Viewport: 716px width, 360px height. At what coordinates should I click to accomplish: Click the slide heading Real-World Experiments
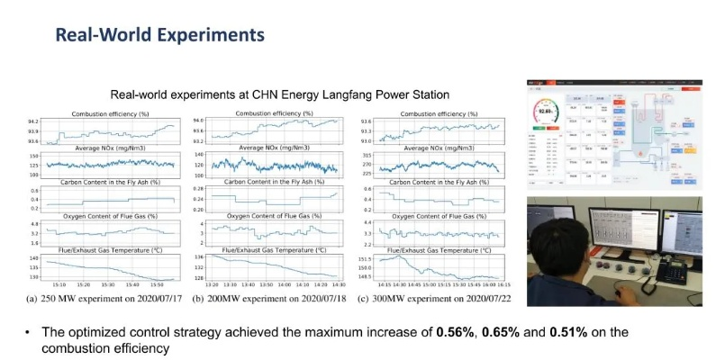tap(159, 35)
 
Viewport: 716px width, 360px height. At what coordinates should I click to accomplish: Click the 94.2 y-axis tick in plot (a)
tap(33, 121)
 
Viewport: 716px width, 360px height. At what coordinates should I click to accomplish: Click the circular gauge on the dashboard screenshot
tap(542, 114)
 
